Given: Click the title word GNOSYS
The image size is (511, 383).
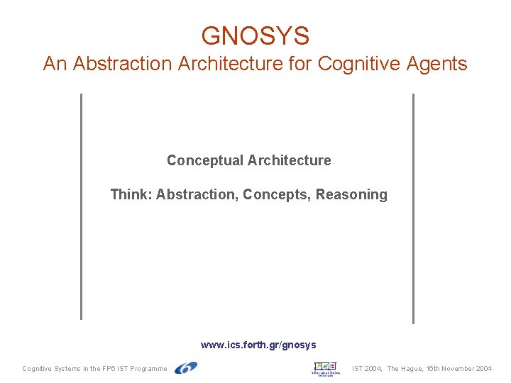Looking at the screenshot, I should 255,35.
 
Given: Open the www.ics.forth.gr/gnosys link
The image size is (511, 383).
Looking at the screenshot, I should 258,345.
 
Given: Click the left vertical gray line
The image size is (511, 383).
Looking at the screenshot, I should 81,206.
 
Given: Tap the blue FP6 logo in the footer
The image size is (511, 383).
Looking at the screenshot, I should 186,368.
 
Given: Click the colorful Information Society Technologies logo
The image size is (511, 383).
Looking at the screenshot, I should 326,369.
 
